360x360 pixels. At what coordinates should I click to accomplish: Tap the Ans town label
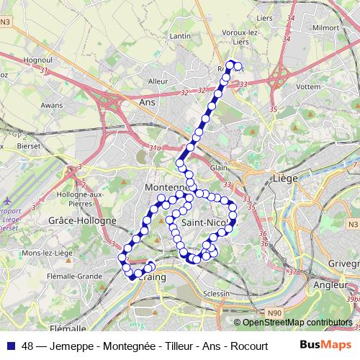pyautogui.click(x=147, y=103)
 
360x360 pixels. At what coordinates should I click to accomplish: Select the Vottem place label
pyautogui.click(x=308, y=86)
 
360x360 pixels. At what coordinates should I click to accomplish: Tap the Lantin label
pyautogui.click(x=181, y=36)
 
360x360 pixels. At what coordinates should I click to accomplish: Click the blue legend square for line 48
pyautogui.click(x=12, y=346)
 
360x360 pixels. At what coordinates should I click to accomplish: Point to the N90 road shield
pyautogui.click(x=273, y=312)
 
